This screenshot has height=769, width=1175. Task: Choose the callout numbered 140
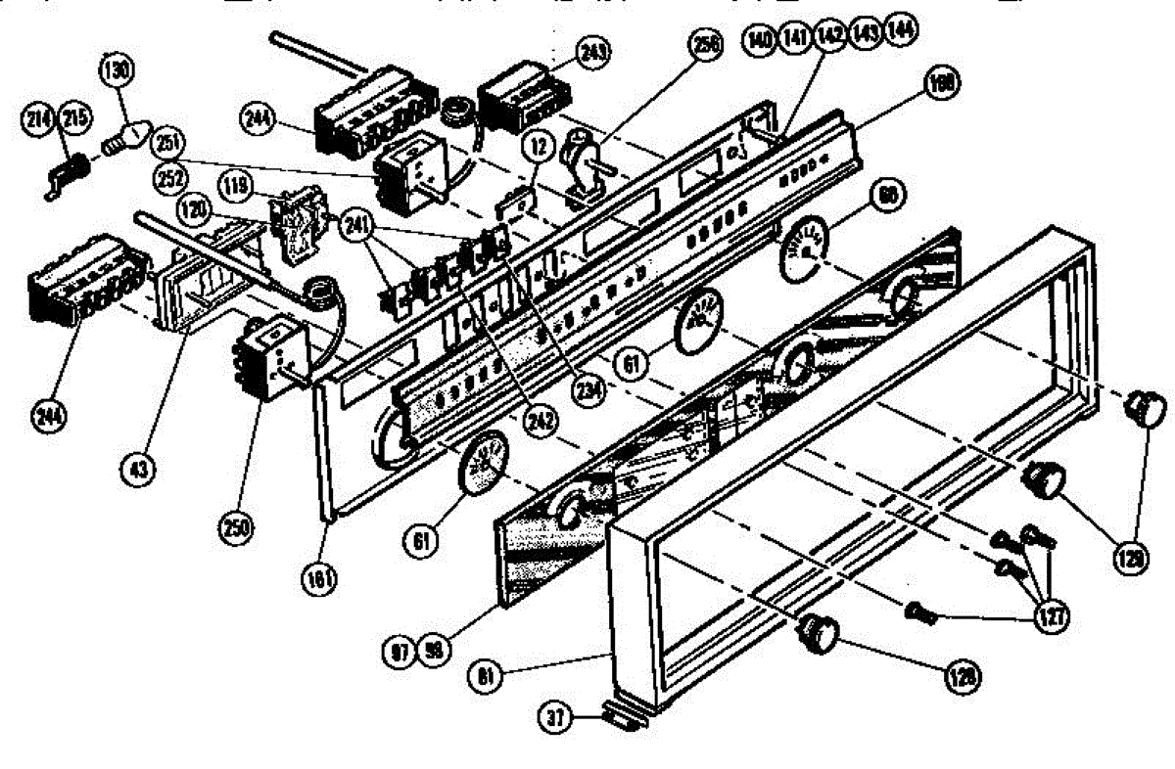click(760, 38)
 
